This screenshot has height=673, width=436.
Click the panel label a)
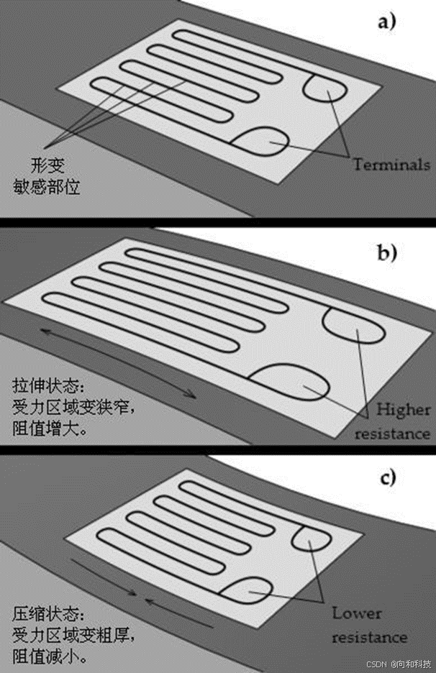tap(387, 22)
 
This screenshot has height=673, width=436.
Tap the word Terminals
tap(391, 165)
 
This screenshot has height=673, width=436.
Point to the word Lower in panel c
tap(358, 613)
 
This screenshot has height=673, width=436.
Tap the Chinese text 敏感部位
tap(57, 186)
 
